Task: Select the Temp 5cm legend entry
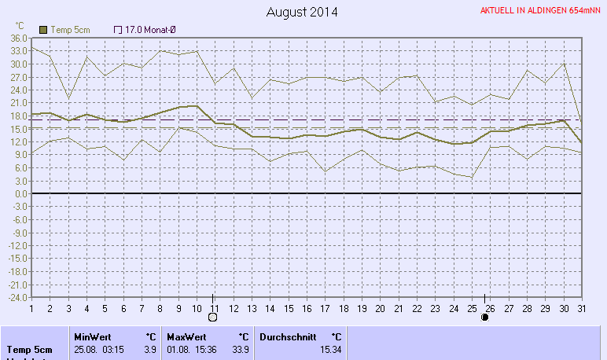(x=64, y=29)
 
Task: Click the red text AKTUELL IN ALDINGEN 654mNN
(x=540, y=11)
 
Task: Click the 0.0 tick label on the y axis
(x=21, y=193)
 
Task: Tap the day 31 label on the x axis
(x=581, y=307)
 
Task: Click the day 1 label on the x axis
(x=31, y=307)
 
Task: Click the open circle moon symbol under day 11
(x=212, y=318)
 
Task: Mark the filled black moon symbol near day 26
(x=485, y=318)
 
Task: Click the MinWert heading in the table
(x=93, y=336)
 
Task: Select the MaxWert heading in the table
(x=186, y=336)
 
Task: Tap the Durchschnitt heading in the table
(x=284, y=336)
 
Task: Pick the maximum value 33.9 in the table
(x=241, y=349)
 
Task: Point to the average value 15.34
(x=330, y=349)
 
